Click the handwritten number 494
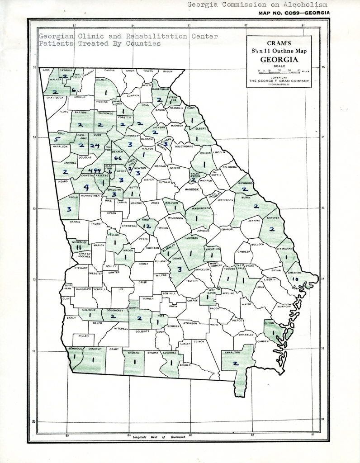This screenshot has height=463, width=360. click(x=95, y=170)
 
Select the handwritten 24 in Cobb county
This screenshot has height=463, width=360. click(x=95, y=146)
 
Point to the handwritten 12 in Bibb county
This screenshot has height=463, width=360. click(x=147, y=225)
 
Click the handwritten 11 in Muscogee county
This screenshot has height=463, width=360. click(x=78, y=247)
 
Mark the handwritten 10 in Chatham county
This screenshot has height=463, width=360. click(x=295, y=279)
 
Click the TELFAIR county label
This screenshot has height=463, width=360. click(x=192, y=280)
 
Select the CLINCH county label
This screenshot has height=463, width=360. click(x=199, y=341)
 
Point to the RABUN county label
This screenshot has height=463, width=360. click(x=168, y=71)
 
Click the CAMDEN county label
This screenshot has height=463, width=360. click(x=263, y=341)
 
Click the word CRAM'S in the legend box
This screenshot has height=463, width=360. click(x=279, y=43)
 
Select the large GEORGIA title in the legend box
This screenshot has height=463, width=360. click(x=279, y=59)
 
